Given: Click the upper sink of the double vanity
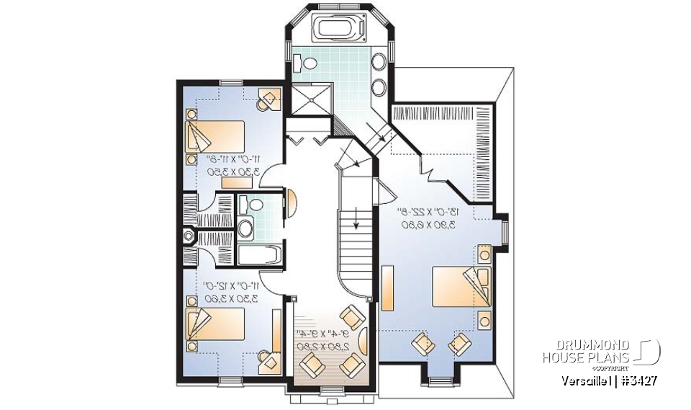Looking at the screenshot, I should pos(379,62).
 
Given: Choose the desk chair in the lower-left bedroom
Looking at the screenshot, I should pos(269,357).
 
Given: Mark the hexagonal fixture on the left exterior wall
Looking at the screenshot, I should pos(189,235).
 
